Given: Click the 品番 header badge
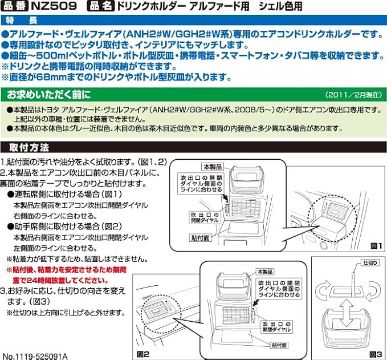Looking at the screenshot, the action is [15, 7].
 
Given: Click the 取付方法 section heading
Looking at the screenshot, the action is [26, 147].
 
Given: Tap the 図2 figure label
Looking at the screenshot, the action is [143, 354].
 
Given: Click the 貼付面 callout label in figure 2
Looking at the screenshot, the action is [279, 345].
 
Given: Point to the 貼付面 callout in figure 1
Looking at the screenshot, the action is [200, 237].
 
